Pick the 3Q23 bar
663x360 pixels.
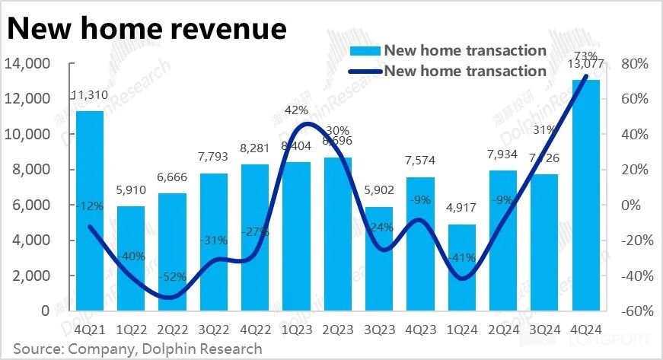(x=379, y=259)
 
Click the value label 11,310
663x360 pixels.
(x=90, y=95)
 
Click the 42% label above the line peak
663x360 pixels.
(x=296, y=110)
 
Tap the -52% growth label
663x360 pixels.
(x=172, y=275)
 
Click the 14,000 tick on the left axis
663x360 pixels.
(x=27, y=64)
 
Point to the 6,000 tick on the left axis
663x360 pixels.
(x=30, y=205)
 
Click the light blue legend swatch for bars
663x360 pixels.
(x=364, y=51)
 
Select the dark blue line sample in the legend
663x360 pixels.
(x=364, y=71)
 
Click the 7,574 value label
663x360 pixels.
(x=420, y=162)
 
